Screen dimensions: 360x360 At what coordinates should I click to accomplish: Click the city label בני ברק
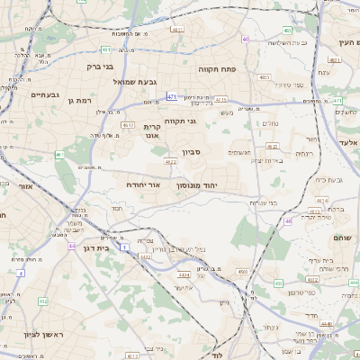[100, 66]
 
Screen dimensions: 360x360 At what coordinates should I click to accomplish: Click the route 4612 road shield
[128, 125]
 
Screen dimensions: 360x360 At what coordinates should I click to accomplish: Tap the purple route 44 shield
[71, 245]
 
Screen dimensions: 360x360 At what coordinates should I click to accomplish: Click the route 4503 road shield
[242, 270]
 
